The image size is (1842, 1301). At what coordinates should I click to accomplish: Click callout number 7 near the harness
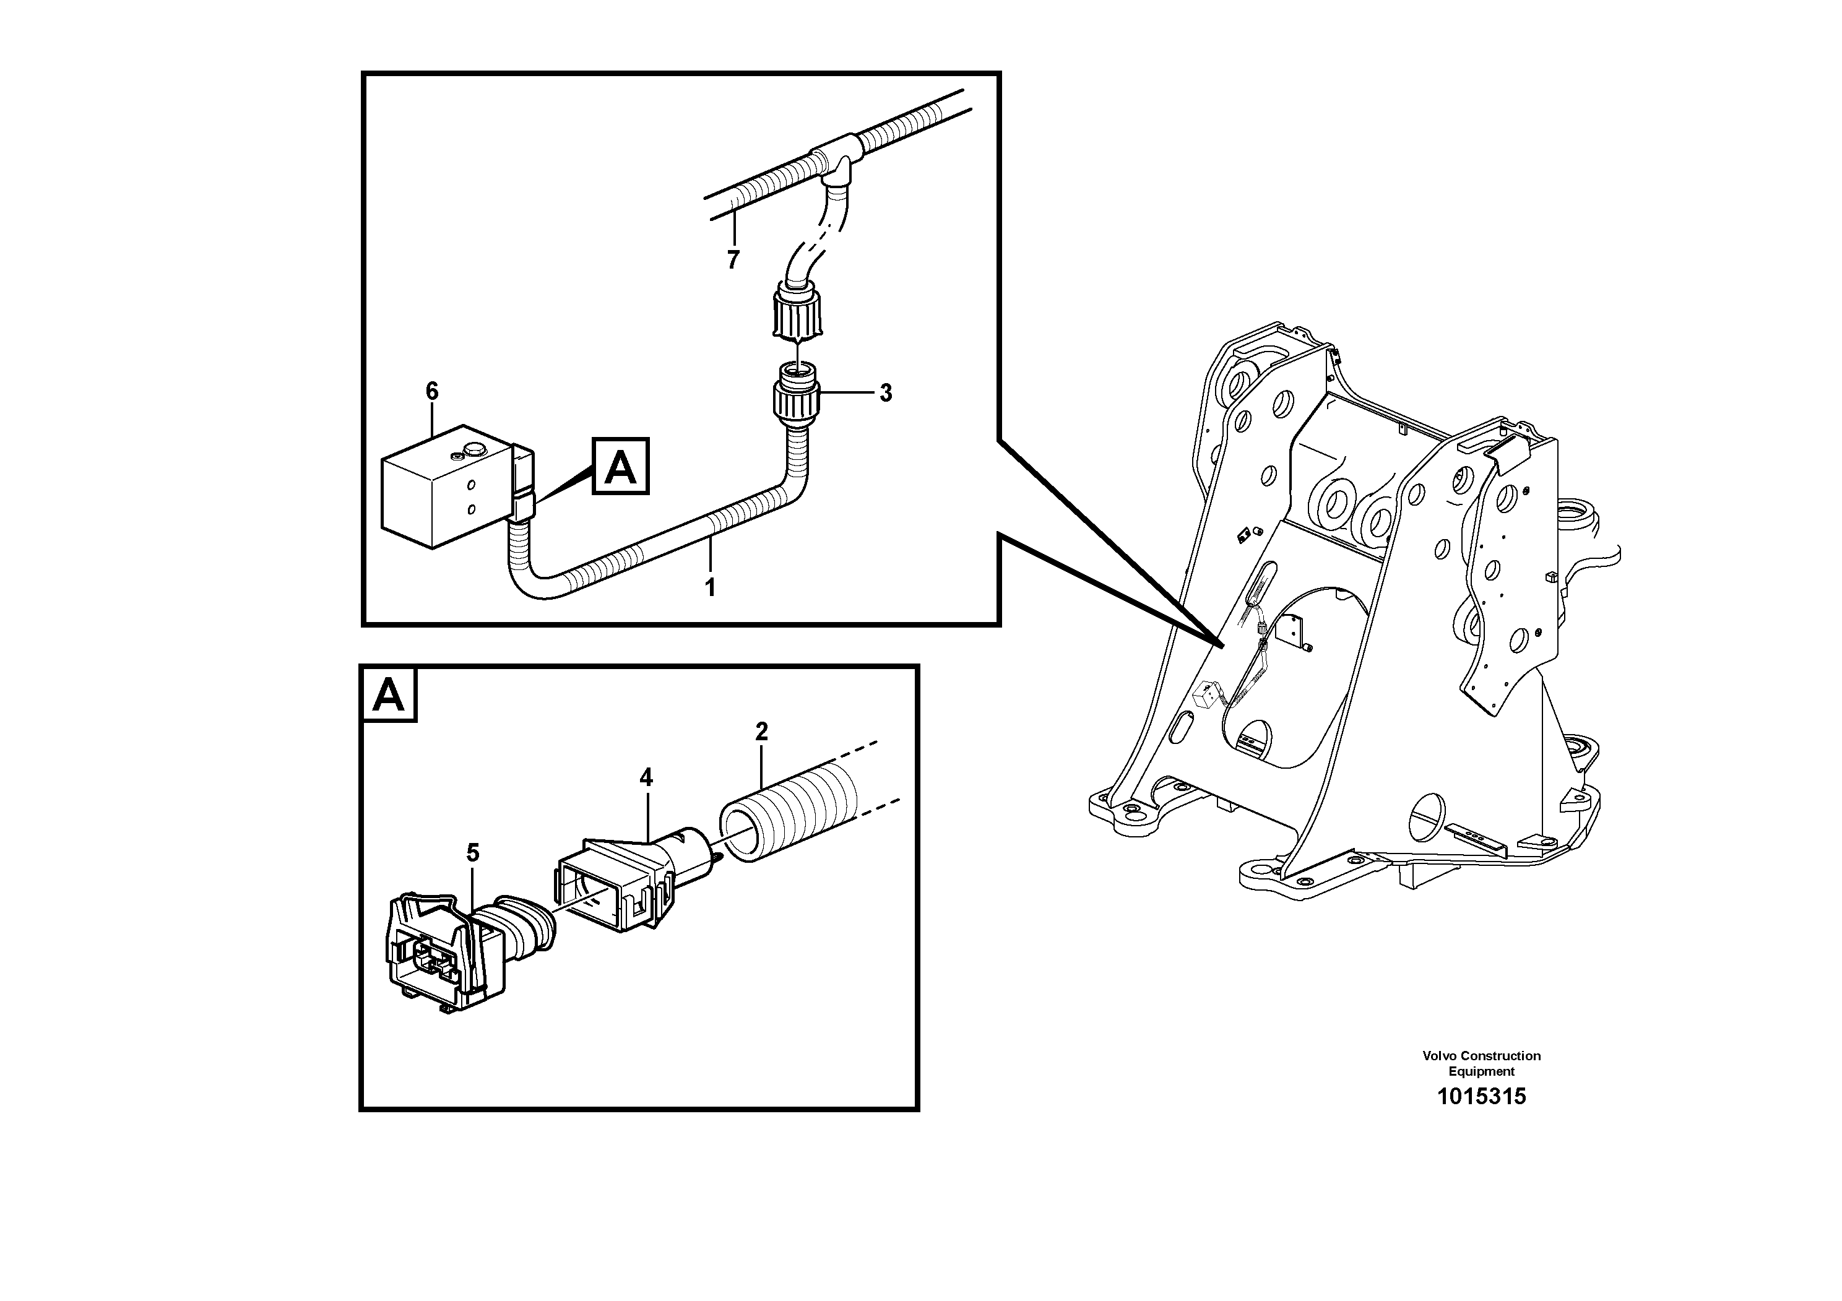tap(732, 260)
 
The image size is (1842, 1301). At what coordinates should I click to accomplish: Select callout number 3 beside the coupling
tap(886, 393)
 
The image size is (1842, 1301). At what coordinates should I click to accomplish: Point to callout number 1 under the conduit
tap(709, 587)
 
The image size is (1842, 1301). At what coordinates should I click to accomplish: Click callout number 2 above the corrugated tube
tap(761, 731)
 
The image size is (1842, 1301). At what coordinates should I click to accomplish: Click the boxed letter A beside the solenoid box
tap(620, 467)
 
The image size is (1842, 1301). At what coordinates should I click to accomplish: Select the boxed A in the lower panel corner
tap(389, 694)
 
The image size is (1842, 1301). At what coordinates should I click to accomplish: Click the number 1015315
tap(1481, 1097)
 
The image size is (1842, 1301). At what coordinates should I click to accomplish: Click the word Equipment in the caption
tap(1481, 1071)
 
